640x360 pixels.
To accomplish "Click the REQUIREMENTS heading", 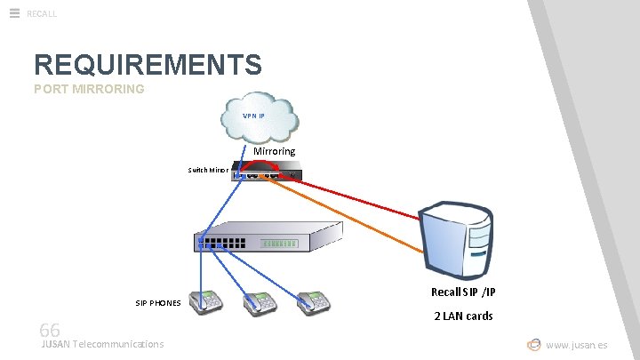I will point(148,65).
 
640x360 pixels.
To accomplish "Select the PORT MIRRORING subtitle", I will point(89,89).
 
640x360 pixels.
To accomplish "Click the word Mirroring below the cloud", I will point(275,151).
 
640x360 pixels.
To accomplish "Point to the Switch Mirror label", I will point(208,169).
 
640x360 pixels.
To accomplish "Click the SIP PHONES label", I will point(158,303).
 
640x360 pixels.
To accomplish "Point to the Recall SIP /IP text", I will point(463,292).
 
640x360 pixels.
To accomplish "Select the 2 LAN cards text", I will point(463,316).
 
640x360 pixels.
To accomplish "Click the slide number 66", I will point(50,330).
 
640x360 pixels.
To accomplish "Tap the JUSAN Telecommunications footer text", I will point(102,344).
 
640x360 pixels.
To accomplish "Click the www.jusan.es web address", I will point(577,345).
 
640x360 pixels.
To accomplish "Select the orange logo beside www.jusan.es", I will point(533,344).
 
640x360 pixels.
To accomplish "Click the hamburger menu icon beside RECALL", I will point(14,13).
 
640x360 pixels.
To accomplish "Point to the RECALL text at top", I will point(42,13).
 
